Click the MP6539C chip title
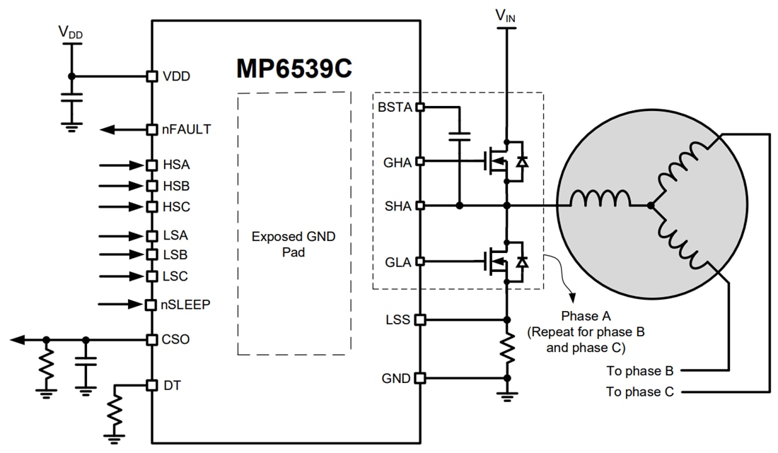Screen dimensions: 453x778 click(x=294, y=69)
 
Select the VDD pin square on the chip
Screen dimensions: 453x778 click(x=151, y=76)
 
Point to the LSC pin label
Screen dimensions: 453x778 click(x=175, y=276)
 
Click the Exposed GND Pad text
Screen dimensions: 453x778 click(x=294, y=244)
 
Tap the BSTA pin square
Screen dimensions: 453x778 click(x=419, y=107)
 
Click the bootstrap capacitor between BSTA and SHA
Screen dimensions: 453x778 click(x=460, y=135)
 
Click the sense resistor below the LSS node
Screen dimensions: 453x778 click(x=506, y=348)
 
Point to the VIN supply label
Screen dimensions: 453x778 click(x=506, y=15)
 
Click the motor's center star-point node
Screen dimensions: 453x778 click(x=650, y=206)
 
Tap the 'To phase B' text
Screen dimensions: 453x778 click(x=640, y=370)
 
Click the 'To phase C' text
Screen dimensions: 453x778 click(x=640, y=392)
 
